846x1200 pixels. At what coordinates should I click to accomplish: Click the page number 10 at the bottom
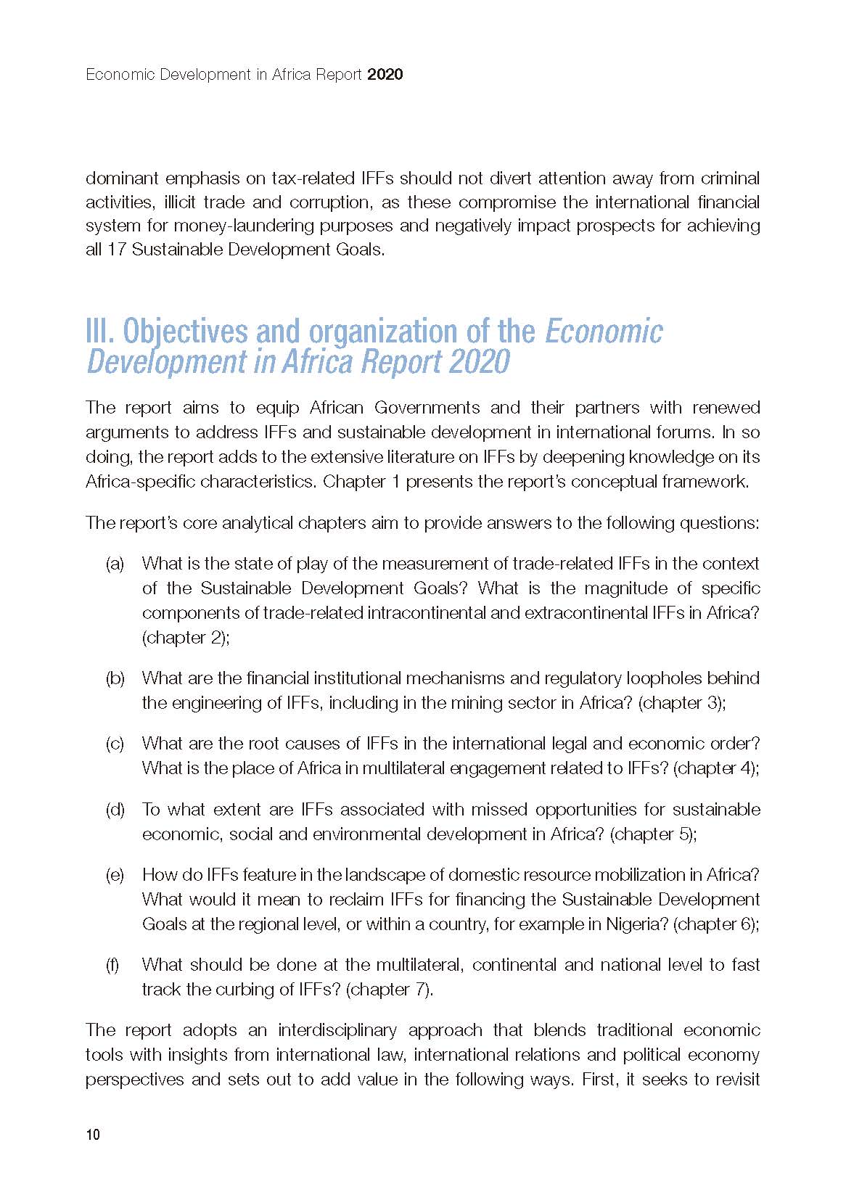pyautogui.click(x=93, y=1135)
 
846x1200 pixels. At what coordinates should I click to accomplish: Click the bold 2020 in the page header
pyautogui.click(x=385, y=75)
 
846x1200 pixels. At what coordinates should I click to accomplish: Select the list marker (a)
pyautogui.click(x=115, y=564)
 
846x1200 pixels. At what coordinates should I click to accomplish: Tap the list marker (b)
pyautogui.click(x=115, y=678)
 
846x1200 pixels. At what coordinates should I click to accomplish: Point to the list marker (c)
pyautogui.click(x=115, y=744)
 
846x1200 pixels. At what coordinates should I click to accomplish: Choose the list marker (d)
pyautogui.click(x=115, y=810)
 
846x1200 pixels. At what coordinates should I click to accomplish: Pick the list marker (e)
pyautogui.click(x=115, y=875)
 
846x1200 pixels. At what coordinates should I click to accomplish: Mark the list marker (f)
pyautogui.click(x=113, y=965)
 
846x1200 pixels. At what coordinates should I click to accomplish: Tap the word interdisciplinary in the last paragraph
pyautogui.click(x=337, y=1030)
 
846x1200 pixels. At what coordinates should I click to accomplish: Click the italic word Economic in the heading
pyautogui.click(x=603, y=332)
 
